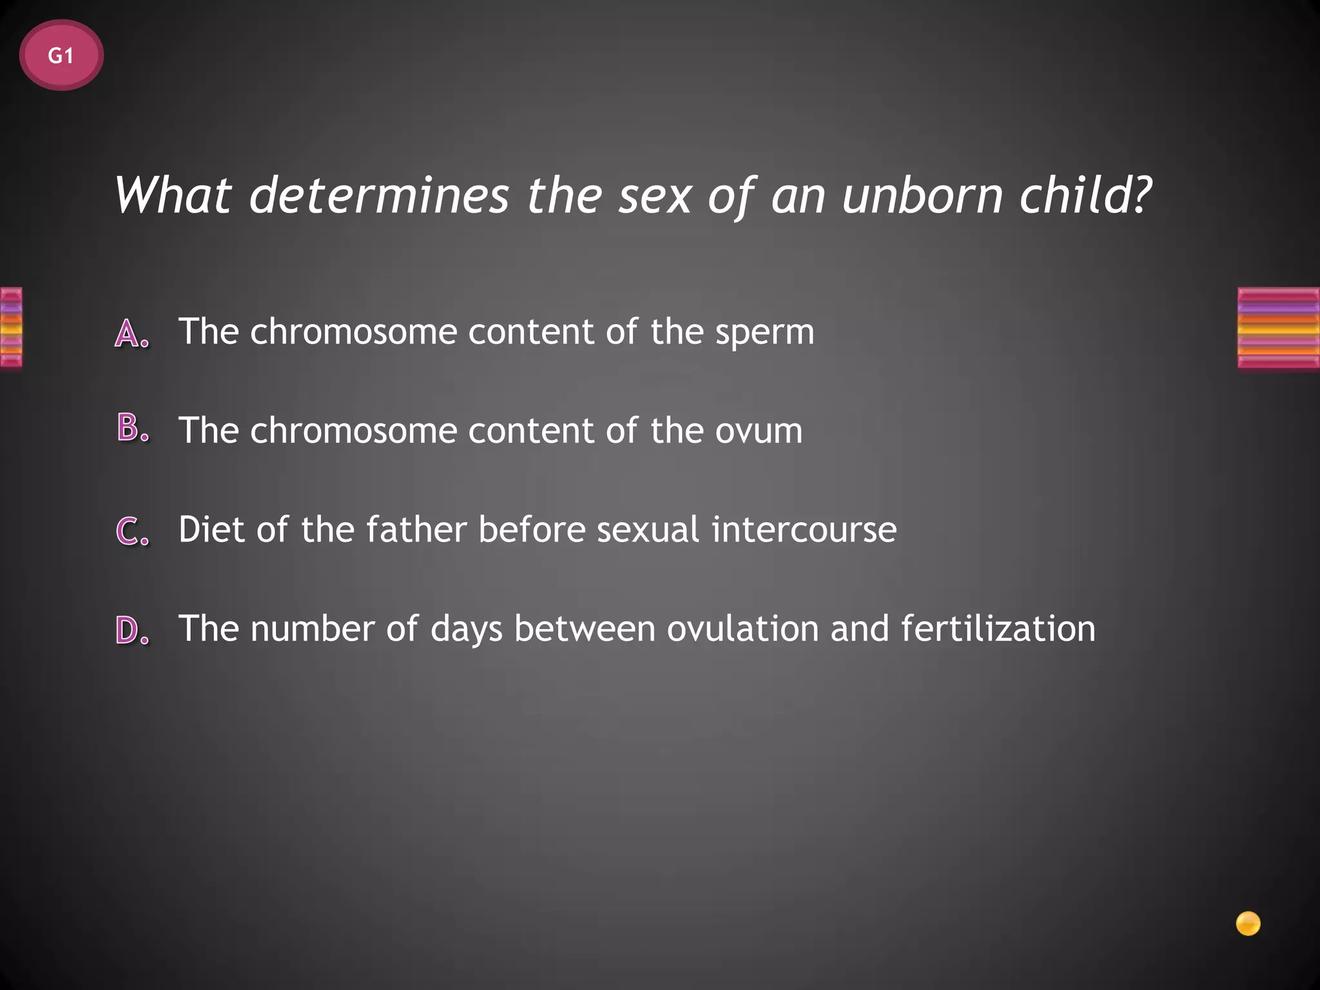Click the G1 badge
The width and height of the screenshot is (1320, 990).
pos(61,55)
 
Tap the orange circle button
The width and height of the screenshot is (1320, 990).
pos(1248,924)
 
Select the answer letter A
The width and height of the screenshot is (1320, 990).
pos(132,334)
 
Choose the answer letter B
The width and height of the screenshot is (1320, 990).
pos(132,429)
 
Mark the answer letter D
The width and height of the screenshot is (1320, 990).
pos(132,630)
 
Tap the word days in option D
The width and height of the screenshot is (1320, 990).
pos(466,630)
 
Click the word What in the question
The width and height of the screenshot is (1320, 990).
pos(173,195)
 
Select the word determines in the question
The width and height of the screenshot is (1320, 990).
pos(379,195)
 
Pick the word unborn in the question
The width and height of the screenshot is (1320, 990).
pos(922,195)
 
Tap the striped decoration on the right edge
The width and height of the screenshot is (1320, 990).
pos(1278,327)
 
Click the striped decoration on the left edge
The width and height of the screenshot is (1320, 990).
pos(11,327)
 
